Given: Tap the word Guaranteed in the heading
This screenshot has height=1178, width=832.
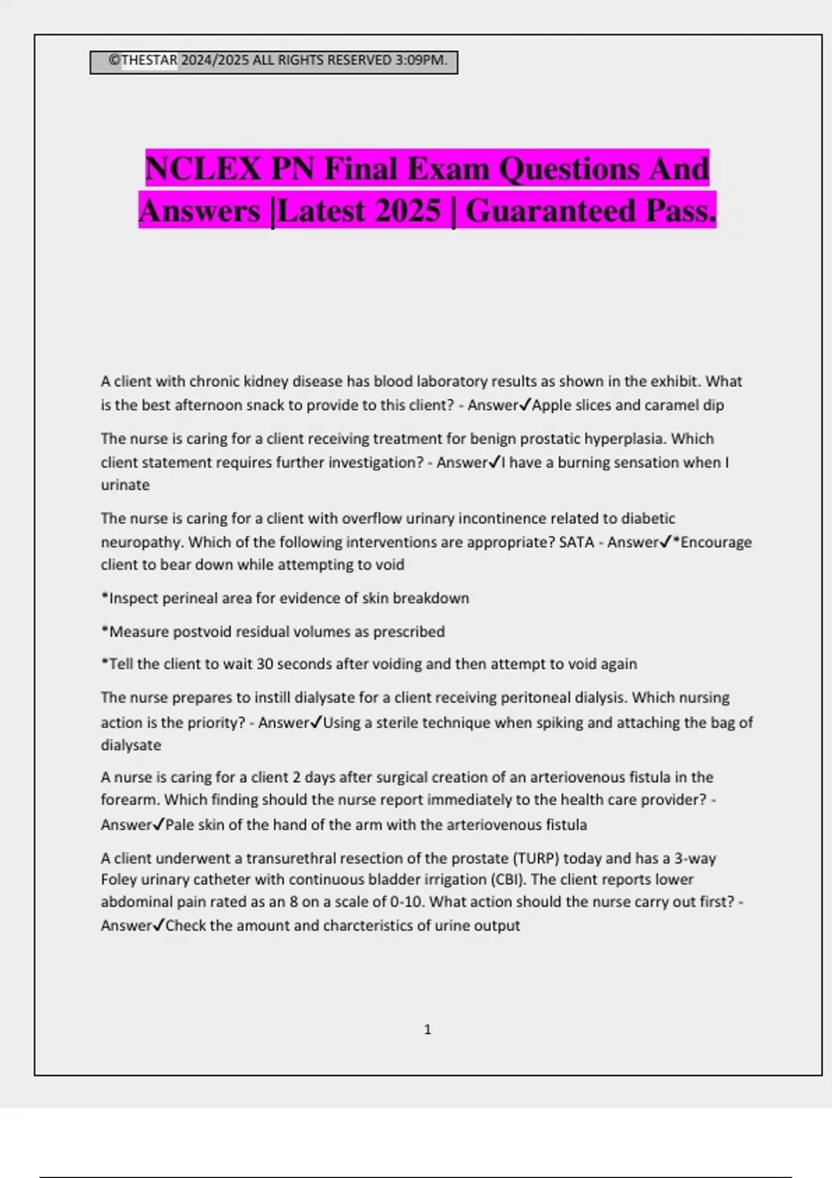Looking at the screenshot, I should click(551, 211).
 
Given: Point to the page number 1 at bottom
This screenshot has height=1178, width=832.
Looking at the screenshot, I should click(427, 1030).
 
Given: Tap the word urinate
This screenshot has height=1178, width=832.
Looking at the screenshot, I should click(125, 485).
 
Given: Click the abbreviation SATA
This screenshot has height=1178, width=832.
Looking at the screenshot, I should click(576, 542).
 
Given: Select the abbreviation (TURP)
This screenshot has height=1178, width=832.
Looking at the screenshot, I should click(536, 859).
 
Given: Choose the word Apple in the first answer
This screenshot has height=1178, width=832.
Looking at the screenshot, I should click(551, 405).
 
